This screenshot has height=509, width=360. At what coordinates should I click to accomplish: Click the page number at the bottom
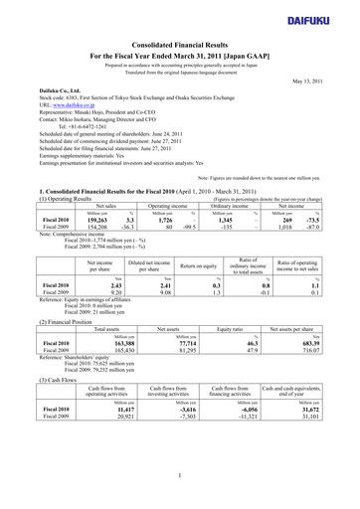(180, 477)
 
